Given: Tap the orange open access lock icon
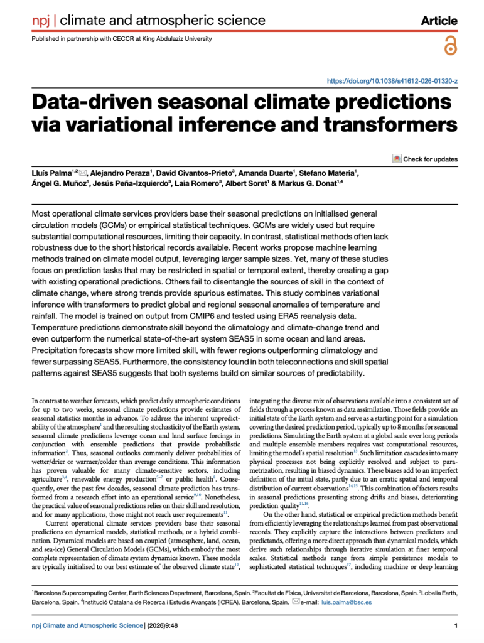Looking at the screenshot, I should [450, 46].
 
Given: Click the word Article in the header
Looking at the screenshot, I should [439, 21].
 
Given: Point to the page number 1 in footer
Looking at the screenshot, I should [455, 625].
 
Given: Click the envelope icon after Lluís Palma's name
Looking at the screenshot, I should [83, 173].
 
